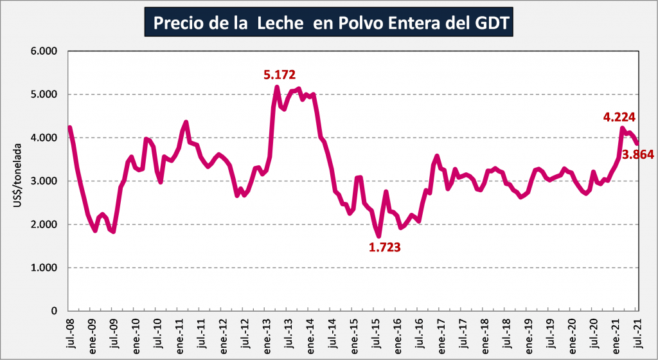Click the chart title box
[x=328, y=22]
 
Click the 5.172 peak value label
[x=280, y=75]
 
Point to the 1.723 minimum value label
[x=385, y=246]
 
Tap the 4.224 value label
[x=619, y=117]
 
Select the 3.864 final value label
[x=639, y=154]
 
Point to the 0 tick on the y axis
[x=55, y=311]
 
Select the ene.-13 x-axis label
[x=265, y=333]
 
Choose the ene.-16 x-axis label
[x=396, y=333]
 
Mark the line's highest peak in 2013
[x=277, y=87]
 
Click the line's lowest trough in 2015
[x=379, y=236]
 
